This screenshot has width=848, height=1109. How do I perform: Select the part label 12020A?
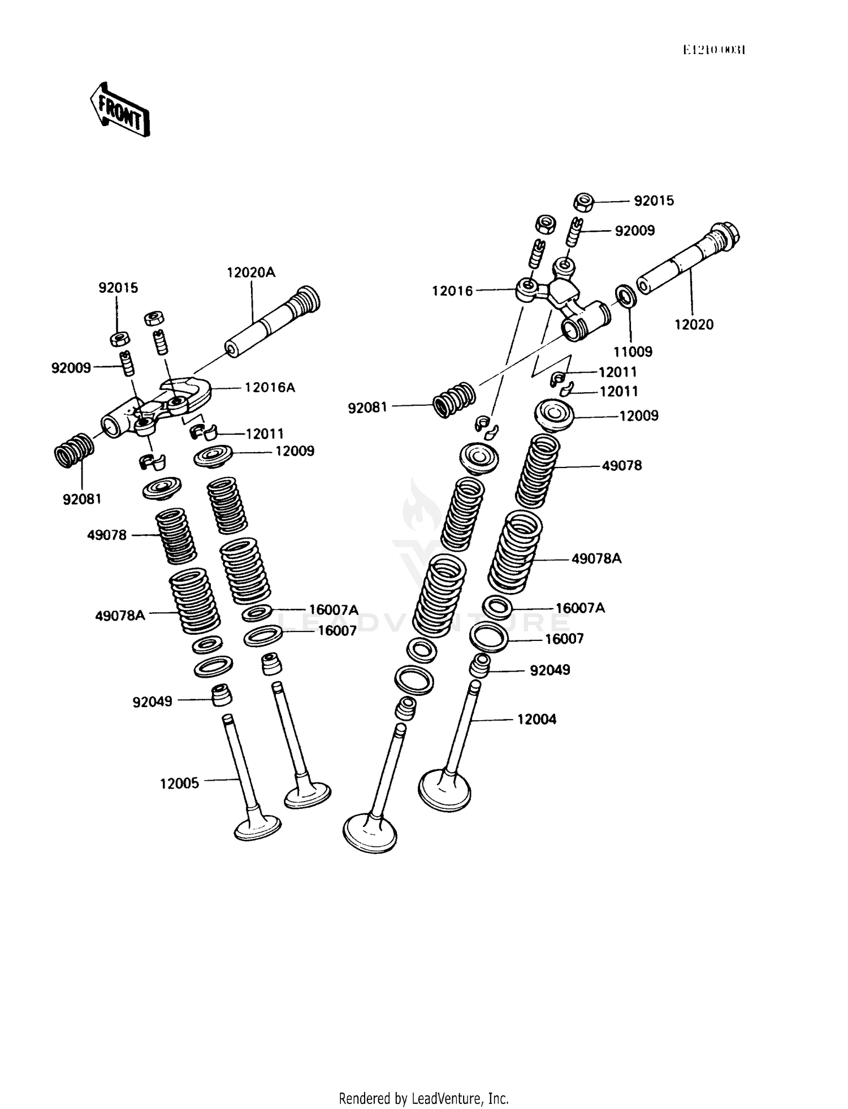251,272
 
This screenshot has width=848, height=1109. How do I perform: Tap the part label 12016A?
270,388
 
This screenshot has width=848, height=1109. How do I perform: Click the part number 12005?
179,783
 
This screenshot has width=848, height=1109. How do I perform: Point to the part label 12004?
537,720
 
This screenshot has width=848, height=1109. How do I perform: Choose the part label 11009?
633,352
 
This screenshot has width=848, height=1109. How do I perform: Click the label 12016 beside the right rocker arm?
452,291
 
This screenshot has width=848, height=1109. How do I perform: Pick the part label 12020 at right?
694,324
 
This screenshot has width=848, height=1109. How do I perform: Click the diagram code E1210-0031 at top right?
714,50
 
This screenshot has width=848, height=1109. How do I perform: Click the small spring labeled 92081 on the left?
74,450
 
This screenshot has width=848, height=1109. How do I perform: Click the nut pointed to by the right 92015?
583,202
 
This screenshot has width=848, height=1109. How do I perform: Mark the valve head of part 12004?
445,790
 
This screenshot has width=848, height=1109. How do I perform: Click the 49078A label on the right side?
596,558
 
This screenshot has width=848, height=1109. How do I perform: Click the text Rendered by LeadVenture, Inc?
423,1098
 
